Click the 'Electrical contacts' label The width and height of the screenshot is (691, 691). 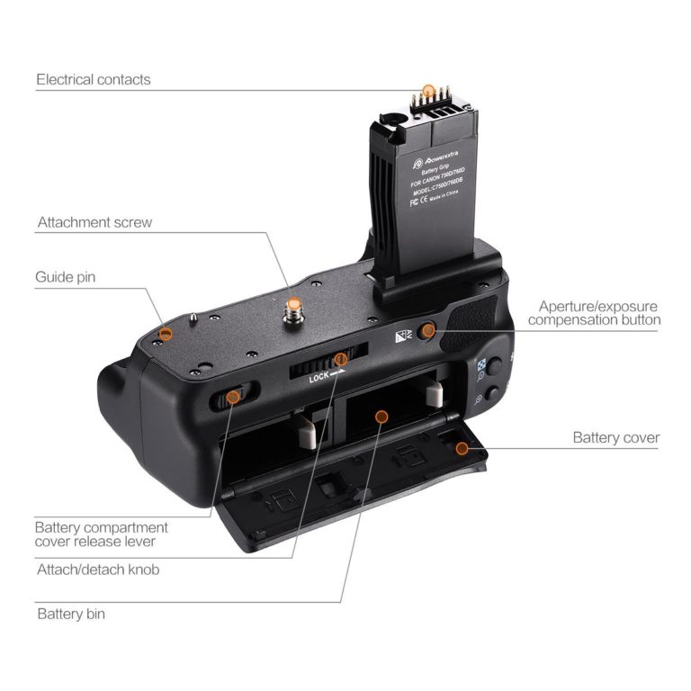94,79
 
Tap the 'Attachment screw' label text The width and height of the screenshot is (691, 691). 94,222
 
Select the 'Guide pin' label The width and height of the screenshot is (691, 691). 65,277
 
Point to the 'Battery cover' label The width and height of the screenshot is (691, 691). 616,438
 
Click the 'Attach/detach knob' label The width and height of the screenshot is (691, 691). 98,570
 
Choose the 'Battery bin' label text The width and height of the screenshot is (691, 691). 71,615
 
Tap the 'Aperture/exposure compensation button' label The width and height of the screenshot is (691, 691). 594,313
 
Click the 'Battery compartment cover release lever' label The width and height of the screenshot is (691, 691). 101,534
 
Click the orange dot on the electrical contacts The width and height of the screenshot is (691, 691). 429,91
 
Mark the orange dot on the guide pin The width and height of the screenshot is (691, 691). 166,335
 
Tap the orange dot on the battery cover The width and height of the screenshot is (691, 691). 462,447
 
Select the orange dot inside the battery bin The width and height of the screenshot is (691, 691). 381,417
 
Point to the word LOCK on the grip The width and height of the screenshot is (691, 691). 321,379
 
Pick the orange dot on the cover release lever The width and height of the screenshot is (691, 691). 232,396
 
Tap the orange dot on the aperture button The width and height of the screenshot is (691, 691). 428,331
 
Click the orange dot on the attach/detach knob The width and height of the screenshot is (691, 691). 340,360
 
